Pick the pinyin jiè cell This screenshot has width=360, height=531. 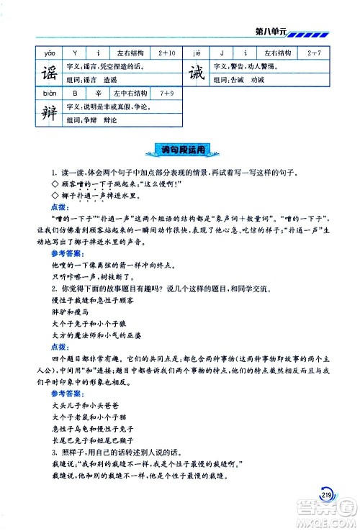[197, 53]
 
